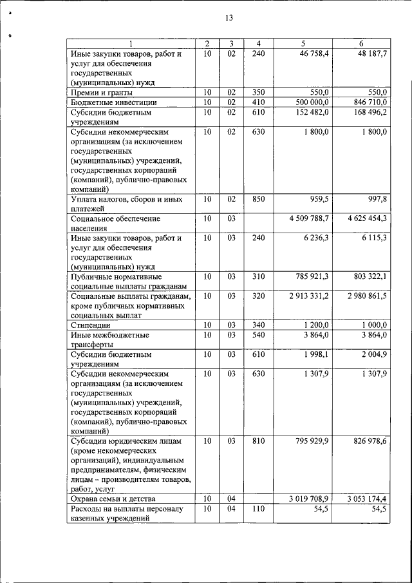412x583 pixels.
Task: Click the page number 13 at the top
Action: click(x=228, y=17)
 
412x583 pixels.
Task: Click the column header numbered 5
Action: click(x=303, y=44)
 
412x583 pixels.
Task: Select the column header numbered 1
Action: click(x=131, y=44)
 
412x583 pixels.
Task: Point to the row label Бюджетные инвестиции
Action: click(x=111, y=102)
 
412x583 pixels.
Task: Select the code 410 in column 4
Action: click(x=258, y=102)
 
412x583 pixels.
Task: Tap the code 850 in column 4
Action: click(x=258, y=200)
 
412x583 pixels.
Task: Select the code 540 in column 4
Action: click(x=258, y=335)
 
